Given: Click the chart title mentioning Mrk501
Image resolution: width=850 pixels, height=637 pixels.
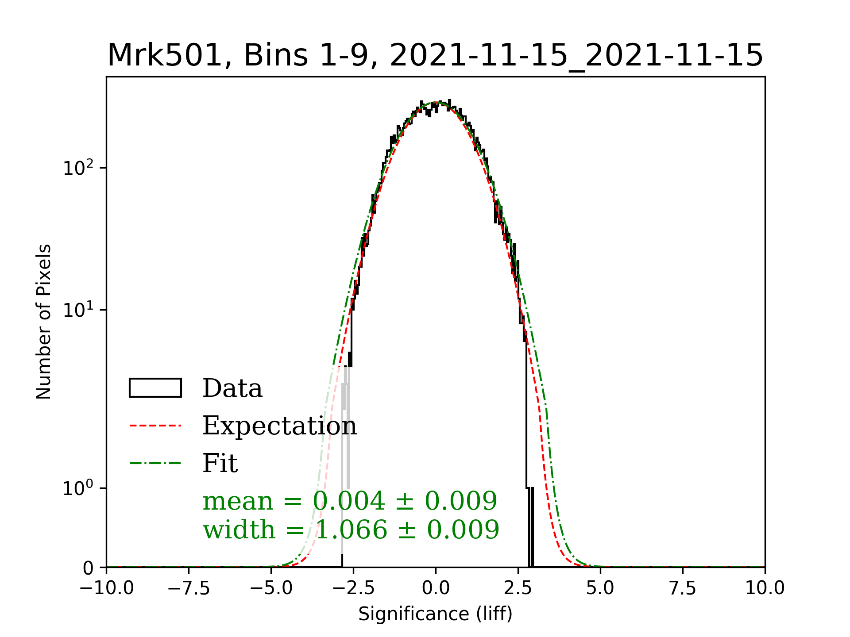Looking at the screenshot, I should pyautogui.click(x=435, y=56).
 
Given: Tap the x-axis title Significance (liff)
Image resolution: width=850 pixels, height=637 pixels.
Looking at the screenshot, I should pyautogui.click(x=435, y=614).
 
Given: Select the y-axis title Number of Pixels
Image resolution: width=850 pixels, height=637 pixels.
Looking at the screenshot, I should pyautogui.click(x=44, y=322).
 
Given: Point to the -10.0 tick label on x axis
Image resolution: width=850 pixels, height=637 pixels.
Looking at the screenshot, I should pyautogui.click(x=107, y=588).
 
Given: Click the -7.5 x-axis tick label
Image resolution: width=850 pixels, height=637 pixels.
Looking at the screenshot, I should pyautogui.click(x=189, y=588).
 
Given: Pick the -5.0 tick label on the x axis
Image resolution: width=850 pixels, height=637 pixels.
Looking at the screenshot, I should pyautogui.click(x=271, y=588).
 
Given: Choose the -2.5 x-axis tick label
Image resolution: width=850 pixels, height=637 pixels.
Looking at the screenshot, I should pyautogui.click(x=353, y=588).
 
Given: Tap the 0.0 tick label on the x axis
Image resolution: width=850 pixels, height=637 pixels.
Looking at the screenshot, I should pyautogui.click(x=436, y=588).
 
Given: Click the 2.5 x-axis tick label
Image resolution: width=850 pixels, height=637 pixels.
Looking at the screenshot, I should pyautogui.click(x=518, y=588).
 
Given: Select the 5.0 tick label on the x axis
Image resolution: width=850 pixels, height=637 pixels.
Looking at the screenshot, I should pyautogui.click(x=600, y=588).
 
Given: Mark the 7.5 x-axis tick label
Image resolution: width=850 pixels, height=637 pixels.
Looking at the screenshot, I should pyautogui.click(x=683, y=588).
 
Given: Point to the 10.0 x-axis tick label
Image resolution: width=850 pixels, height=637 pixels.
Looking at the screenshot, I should pyautogui.click(x=765, y=588).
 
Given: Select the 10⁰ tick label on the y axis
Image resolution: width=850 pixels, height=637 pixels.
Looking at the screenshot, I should pyautogui.click(x=78, y=488).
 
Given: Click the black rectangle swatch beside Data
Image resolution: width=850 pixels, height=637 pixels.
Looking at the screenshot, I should pyautogui.click(x=155, y=388).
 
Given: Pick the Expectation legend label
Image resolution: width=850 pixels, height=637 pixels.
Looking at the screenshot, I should pyautogui.click(x=279, y=426).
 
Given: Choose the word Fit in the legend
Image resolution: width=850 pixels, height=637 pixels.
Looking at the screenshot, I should pyautogui.click(x=220, y=464).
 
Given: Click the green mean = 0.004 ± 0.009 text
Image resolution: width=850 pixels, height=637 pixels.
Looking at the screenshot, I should pyautogui.click(x=350, y=501).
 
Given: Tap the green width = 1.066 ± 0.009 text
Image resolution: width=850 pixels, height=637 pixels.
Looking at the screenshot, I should pyautogui.click(x=351, y=530).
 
